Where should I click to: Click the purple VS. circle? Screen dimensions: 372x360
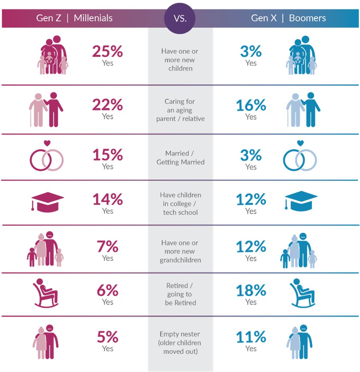[180, 18]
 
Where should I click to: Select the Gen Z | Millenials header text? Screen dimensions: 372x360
[75, 18]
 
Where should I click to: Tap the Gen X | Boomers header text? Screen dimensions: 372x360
[288, 18]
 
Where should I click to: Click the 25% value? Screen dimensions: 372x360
[107, 51]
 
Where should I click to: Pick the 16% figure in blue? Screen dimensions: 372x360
[251, 105]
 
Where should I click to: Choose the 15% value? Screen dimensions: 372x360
[107, 155]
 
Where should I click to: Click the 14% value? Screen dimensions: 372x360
[107, 199]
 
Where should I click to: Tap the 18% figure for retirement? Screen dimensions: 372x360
[251, 290]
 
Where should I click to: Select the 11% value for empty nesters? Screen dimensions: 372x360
[251, 337]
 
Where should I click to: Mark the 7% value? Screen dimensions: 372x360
[107, 247]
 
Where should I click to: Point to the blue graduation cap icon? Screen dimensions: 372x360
[300, 200]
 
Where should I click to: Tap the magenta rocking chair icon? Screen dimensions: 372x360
[46, 293]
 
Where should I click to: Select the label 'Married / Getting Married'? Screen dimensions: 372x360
[180, 158]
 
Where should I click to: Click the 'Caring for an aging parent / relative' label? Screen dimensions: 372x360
[180, 110]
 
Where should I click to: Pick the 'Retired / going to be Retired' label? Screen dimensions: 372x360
[180, 294]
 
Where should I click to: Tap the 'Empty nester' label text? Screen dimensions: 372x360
[180, 334]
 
